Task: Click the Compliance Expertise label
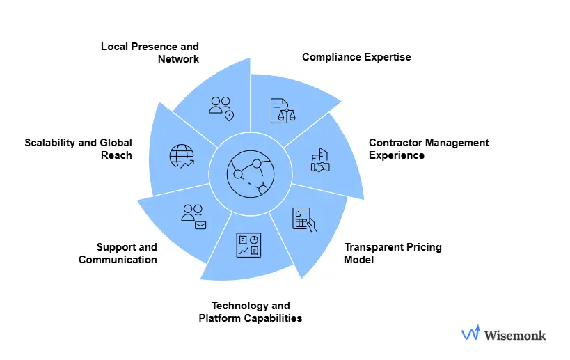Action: [356, 57]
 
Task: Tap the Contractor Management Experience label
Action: [429, 149]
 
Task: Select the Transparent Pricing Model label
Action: [393, 253]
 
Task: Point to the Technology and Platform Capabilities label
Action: [251, 312]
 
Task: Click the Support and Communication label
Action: [118, 253]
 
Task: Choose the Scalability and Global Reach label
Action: [78, 149]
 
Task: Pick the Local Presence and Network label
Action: [150, 53]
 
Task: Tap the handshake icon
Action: [320, 160]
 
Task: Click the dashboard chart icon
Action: [248, 244]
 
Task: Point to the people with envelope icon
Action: [193, 217]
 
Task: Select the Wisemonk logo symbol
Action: [470, 334]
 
